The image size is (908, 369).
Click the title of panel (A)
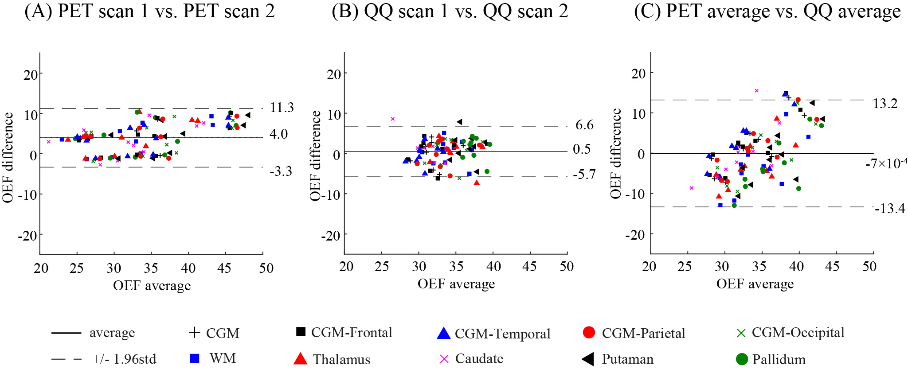pyautogui.click(x=149, y=12)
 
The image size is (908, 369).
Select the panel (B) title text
pyautogui.click(x=450, y=12)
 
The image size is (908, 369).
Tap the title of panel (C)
pyautogui.click(x=767, y=12)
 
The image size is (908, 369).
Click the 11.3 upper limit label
pyautogui.click(x=282, y=108)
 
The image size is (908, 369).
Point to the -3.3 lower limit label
pyautogui.click(x=281, y=171)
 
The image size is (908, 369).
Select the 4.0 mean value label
pyautogui.click(x=278, y=134)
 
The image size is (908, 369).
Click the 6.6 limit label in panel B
pyautogui.click(x=584, y=125)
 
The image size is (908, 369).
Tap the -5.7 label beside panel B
pyautogui.click(x=584, y=175)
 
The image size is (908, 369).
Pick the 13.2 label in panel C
pyautogui.click(x=885, y=104)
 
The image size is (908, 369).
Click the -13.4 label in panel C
pyautogui.click(x=890, y=208)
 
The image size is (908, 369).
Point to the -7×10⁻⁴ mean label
pyautogui.click(x=886, y=163)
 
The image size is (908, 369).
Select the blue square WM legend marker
pyautogui.click(x=194, y=358)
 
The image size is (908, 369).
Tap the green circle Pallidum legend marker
pyautogui.click(x=742, y=359)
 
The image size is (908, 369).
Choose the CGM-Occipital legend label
pyautogui.click(x=798, y=332)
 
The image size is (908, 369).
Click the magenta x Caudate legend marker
pyautogui.click(x=444, y=359)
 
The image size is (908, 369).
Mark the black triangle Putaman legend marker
pyautogui.click(x=588, y=359)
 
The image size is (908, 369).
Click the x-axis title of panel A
pyautogui.click(x=152, y=286)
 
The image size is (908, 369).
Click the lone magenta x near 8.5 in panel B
pyautogui.click(x=392, y=119)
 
